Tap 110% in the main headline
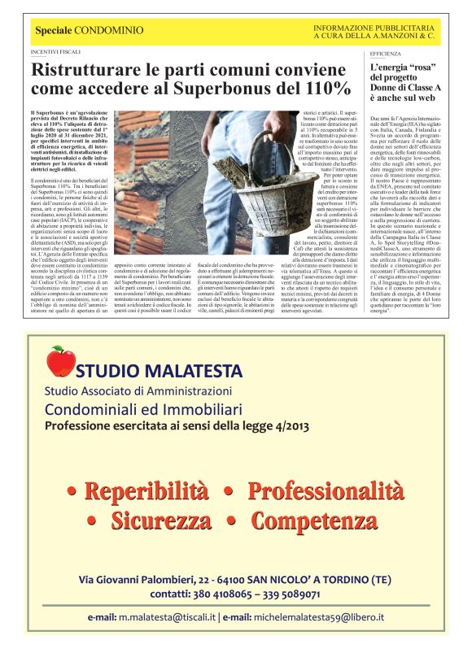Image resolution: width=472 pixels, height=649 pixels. (x=322, y=88)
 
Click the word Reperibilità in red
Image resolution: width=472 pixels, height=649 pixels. (x=146, y=491)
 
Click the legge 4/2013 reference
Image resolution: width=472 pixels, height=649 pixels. (x=271, y=425)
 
